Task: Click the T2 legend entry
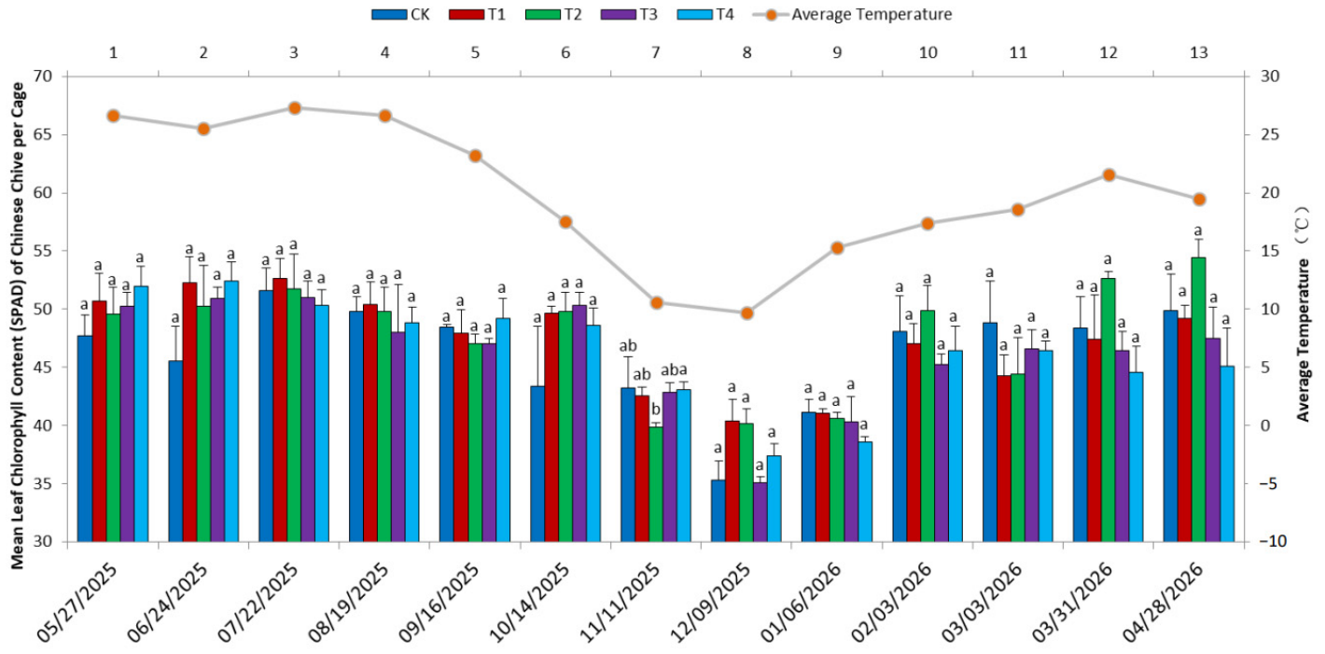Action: click(553, 14)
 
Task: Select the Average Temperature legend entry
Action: click(852, 14)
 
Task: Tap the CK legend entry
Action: click(401, 14)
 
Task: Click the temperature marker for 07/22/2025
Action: click(295, 108)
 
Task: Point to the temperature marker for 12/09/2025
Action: click(747, 313)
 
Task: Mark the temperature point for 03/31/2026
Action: click(1109, 175)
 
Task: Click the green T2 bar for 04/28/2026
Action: click(1198, 399)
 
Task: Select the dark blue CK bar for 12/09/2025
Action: click(718, 511)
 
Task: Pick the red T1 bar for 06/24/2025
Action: click(189, 412)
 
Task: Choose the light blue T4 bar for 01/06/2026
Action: click(865, 492)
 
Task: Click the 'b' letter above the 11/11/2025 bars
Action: click(655, 410)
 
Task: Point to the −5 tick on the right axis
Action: click(1266, 484)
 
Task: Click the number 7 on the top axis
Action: click(656, 53)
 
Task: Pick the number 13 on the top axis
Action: click(1198, 53)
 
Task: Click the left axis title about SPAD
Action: click(18, 326)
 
